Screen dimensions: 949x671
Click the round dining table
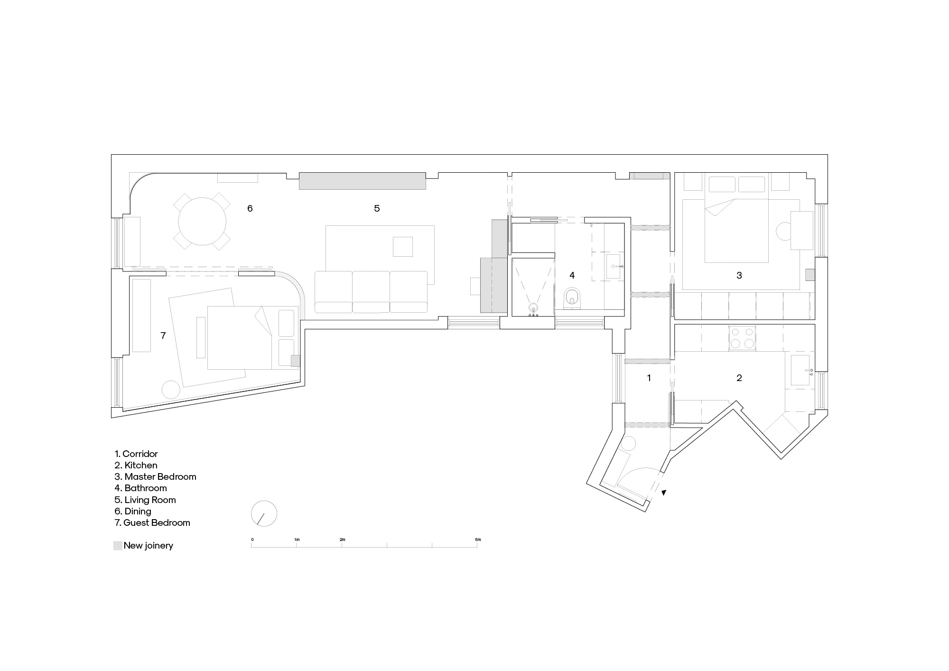click(x=202, y=222)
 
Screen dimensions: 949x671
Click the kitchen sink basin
click(x=800, y=370)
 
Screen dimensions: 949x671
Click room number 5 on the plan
click(x=377, y=208)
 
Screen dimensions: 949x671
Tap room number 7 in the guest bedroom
click(x=163, y=336)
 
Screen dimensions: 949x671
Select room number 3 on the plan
click(x=739, y=275)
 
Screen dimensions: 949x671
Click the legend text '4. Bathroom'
click(x=140, y=488)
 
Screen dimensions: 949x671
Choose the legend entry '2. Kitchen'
click(x=136, y=466)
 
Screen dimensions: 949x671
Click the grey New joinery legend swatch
click(x=118, y=546)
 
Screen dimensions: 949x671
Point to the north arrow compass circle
click(x=264, y=513)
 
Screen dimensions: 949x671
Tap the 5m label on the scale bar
click(x=478, y=540)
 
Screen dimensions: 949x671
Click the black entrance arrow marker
click(x=664, y=493)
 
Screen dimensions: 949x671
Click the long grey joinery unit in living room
click(x=362, y=181)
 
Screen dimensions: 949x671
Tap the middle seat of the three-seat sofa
click(x=371, y=292)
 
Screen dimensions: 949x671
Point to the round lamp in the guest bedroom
click(x=171, y=390)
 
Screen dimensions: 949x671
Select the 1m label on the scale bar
click(x=297, y=540)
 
